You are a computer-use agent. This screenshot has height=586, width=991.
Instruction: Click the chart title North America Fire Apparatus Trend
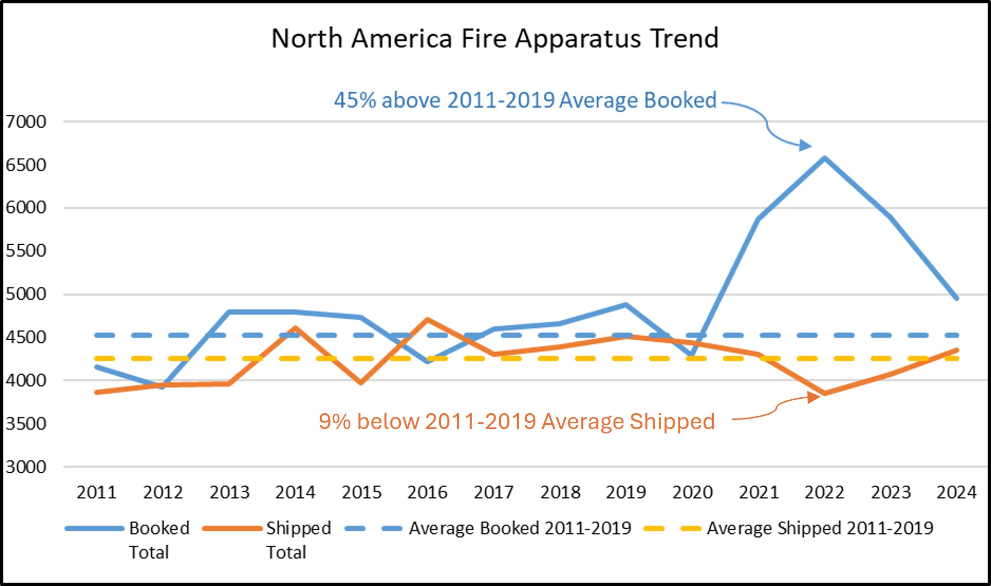[x=495, y=38]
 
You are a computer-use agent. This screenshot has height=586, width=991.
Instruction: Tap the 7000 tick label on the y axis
[x=26, y=122]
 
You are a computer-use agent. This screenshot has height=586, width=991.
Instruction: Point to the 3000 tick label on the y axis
[x=26, y=466]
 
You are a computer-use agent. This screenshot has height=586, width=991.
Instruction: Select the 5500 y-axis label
[x=26, y=251]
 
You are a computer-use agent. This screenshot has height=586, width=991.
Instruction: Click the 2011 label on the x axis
[x=97, y=492]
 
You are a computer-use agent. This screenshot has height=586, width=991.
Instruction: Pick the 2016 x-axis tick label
[x=427, y=492]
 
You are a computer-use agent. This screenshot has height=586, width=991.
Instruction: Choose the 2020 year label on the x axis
[x=692, y=492]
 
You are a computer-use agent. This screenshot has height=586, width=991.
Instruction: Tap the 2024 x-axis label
[x=956, y=492]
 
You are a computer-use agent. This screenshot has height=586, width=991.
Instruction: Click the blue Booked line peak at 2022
[x=824, y=158]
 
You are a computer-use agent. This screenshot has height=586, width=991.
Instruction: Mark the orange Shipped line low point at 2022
[x=824, y=394]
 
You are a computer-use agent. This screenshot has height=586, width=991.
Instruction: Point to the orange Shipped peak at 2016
[x=427, y=319]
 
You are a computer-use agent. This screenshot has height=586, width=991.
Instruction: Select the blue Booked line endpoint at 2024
[x=956, y=298]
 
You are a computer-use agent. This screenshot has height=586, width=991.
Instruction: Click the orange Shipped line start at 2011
[x=97, y=392]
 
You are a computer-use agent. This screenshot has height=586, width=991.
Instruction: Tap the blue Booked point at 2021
[x=758, y=219]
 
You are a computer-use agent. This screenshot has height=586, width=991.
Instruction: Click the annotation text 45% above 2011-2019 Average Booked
[x=525, y=100]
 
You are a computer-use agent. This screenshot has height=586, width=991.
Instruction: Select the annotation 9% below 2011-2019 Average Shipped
[x=517, y=421]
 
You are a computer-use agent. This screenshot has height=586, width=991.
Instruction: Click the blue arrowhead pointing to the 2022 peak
[x=805, y=145]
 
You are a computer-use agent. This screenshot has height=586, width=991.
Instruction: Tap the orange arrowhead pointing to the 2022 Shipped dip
[x=813, y=397]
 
